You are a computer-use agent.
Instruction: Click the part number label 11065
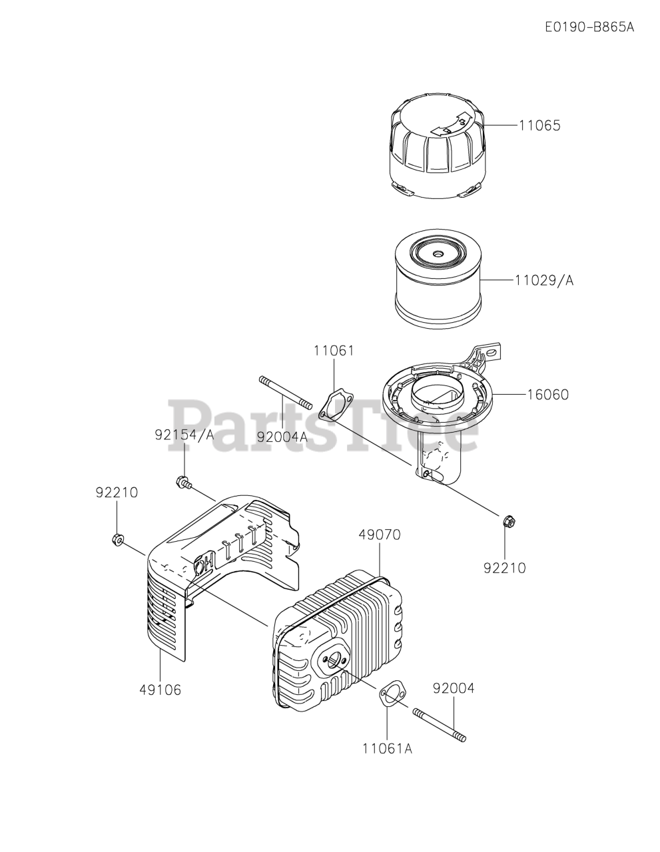tap(539, 125)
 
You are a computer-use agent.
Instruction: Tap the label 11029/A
tap(543, 280)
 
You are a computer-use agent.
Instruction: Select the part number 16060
tap(548, 395)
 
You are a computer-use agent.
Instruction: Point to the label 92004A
tap(282, 437)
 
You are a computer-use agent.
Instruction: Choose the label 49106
tap(160, 690)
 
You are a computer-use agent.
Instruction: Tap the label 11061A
tap(388, 748)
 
